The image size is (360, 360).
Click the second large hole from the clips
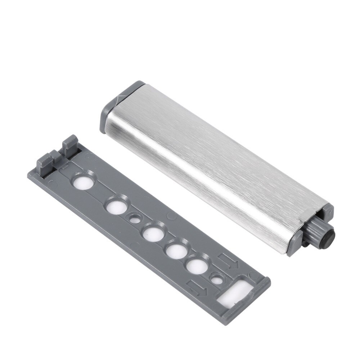[x=115, y=207]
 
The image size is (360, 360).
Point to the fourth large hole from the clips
[x=175, y=251]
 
